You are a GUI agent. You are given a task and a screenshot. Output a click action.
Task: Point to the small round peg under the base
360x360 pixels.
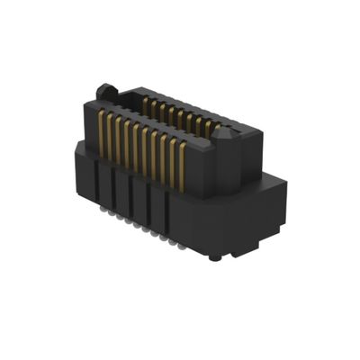click(x=213, y=257)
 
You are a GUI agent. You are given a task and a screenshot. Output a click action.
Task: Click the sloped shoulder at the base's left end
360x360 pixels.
click(x=79, y=148)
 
